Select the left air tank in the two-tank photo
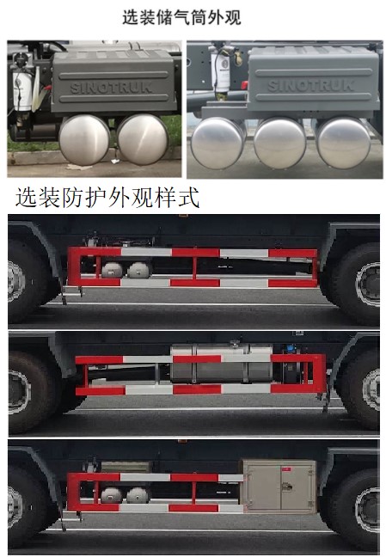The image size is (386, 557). click(x=85, y=138)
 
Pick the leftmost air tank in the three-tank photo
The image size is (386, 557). click(x=218, y=143)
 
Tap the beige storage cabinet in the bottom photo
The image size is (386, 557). click(x=277, y=486)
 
